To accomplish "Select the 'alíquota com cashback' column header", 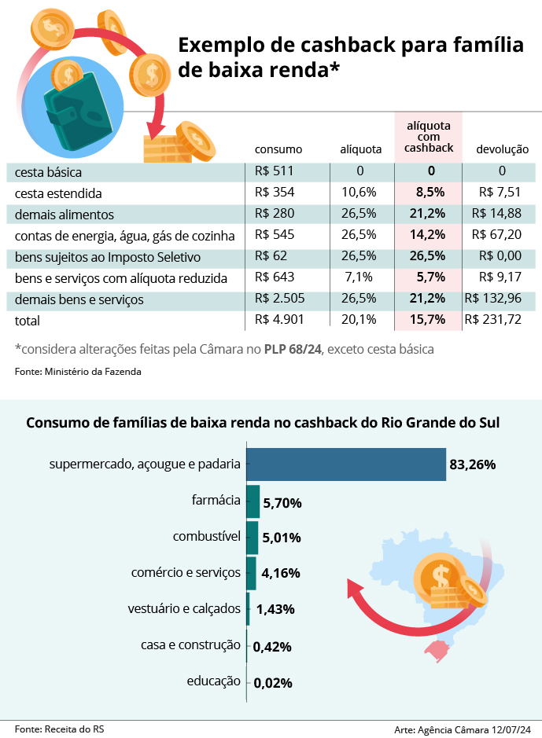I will pos(429,137).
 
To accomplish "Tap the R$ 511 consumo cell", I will pos(272,171).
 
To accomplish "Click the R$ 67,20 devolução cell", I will pos(496,235).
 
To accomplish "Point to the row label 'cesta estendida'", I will pos(59,193).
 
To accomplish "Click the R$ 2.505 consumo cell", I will pos(279,299).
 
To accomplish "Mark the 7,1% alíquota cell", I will pos(360,277).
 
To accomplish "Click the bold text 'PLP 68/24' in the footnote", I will pos(292,348).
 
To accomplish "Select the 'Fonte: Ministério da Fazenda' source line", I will pos(78,372).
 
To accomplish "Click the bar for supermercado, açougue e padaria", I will pos(346,464).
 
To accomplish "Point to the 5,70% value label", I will pos(282,503).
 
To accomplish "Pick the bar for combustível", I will pos(253,537).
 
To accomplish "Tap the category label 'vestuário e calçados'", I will pos(184,608).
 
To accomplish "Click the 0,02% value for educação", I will pos(273,683).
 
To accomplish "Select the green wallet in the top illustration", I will pos(75,114).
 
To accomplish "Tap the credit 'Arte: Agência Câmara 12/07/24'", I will pos(462,729).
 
